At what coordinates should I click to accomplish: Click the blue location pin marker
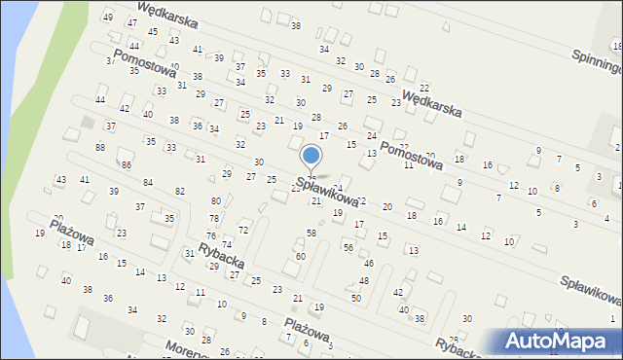click(x=311, y=158)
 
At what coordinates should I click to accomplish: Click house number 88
click(x=100, y=147)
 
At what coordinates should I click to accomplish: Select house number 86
click(x=127, y=165)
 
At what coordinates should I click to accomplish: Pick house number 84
click(x=148, y=183)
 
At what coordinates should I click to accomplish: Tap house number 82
click(x=179, y=192)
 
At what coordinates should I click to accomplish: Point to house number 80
click(x=215, y=201)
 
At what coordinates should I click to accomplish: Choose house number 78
click(x=214, y=219)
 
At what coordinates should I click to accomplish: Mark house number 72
click(x=243, y=230)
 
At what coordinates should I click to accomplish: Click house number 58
click(x=311, y=234)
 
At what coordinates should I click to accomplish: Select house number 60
click(x=301, y=256)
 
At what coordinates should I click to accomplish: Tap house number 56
click(x=348, y=248)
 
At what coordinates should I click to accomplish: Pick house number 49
click(x=108, y=18)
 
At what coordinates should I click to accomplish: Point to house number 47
click(x=125, y=32)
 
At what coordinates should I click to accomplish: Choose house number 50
click(x=356, y=298)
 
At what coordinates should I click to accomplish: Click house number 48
click(x=364, y=280)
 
